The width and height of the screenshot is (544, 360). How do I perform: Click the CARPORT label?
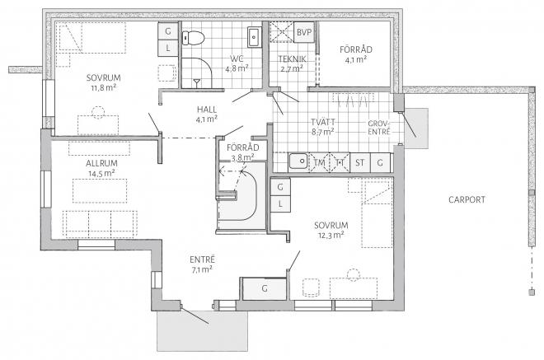coord(467,199)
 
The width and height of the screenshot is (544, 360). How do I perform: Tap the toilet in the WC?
coord(193,37)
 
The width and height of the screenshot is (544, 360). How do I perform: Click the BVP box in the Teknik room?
coord(304,32)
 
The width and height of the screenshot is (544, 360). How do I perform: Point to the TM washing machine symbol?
coord(319,162)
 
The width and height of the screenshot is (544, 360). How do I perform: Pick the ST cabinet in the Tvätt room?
coord(359,162)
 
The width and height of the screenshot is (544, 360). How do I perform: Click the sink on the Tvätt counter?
coord(298,161)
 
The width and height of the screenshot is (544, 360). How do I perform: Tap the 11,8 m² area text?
coord(103,88)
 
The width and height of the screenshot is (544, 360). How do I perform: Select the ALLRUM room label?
coord(101,163)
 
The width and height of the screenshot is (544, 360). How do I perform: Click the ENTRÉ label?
coord(202,259)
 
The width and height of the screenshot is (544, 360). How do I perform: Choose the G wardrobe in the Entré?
coord(265,288)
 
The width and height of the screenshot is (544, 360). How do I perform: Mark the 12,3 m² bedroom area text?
coord(331,235)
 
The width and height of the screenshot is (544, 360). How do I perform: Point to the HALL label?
coord(207,110)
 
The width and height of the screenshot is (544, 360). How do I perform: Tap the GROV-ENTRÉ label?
coord(379,128)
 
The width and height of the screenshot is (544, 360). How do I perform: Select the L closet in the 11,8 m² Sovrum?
coord(168,49)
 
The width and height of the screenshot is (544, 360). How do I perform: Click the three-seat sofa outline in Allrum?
coord(100,224)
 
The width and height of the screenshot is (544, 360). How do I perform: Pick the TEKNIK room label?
coord(292,59)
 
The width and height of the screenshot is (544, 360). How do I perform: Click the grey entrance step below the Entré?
coord(202,331)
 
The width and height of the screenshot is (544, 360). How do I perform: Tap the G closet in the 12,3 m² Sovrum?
coord(280,187)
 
